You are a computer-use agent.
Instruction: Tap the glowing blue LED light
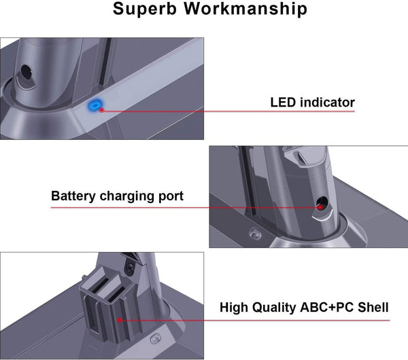[x=96, y=107]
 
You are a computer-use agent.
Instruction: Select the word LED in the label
[x=284, y=103]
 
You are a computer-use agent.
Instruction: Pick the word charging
[x=129, y=196]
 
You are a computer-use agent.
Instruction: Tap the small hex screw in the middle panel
[x=256, y=232]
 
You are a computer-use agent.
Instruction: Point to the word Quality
[x=275, y=308]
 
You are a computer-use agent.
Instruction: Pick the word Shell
[x=373, y=308]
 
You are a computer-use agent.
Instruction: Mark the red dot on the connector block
[x=120, y=318]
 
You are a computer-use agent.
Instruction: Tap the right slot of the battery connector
[x=118, y=294]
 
